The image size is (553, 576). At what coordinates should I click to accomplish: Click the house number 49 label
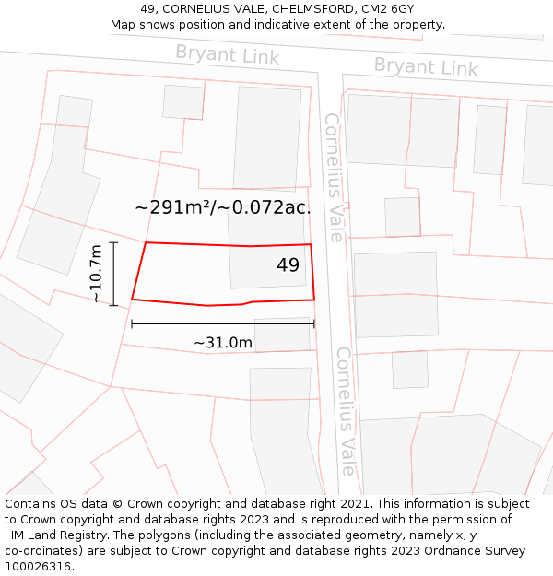pyautogui.click(x=288, y=265)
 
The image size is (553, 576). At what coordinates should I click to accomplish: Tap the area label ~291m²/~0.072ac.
pyautogui.click(x=223, y=207)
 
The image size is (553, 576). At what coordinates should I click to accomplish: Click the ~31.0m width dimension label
pyautogui.click(x=223, y=343)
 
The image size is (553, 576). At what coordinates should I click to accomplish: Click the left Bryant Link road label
pyautogui.click(x=227, y=55)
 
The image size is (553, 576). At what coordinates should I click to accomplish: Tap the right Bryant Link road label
pyautogui.click(x=426, y=67)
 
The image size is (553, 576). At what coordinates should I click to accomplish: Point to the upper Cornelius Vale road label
pyautogui.click(x=334, y=177)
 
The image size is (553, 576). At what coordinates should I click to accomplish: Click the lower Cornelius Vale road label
pyautogui.click(x=345, y=410)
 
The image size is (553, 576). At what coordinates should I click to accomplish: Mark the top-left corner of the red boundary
pyautogui.click(x=146, y=243)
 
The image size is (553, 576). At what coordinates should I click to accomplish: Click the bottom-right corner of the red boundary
pyautogui.click(x=314, y=299)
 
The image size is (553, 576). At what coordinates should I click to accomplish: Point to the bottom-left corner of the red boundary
pyautogui.click(x=132, y=299)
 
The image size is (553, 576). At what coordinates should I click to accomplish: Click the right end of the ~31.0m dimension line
pyautogui.click(x=314, y=323)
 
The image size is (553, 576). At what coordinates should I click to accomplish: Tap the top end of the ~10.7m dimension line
pyautogui.click(x=113, y=242)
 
